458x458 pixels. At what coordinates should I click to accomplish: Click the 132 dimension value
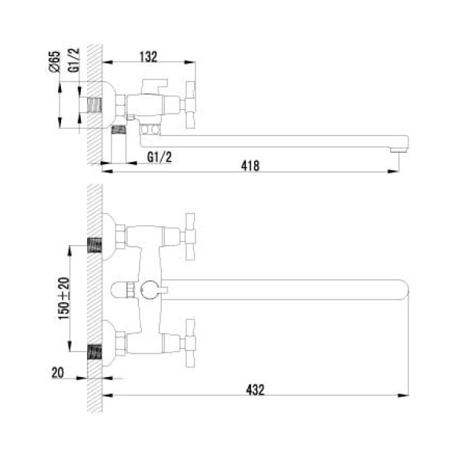click(x=149, y=56)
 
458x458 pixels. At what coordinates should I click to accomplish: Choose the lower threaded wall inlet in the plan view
click(x=95, y=352)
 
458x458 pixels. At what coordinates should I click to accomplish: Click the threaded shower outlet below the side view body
click(x=119, y=142)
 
